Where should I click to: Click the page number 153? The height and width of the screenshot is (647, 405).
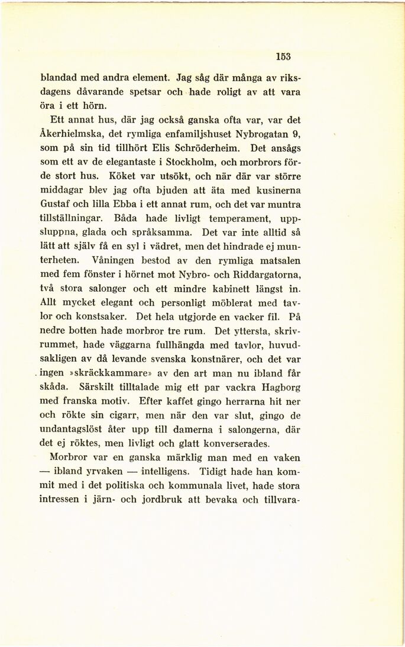284,57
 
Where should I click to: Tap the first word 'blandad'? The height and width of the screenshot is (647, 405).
59,77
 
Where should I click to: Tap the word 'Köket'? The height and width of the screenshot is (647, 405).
123,175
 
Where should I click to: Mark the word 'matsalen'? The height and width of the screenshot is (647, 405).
276,260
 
